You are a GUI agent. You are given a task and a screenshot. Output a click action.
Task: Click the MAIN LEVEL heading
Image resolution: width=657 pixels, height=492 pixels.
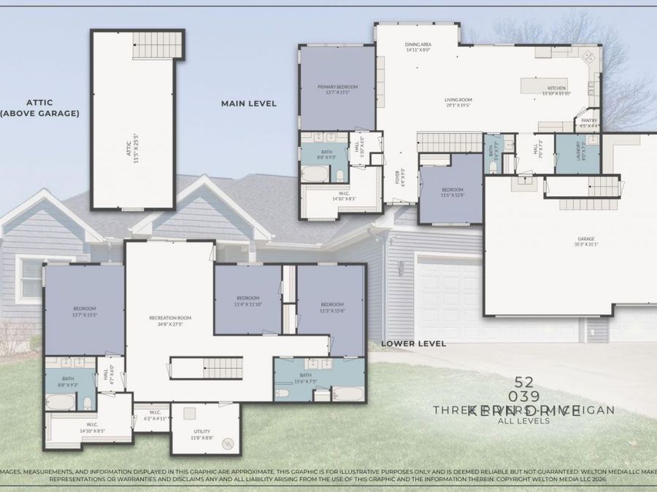[x=249, y=104]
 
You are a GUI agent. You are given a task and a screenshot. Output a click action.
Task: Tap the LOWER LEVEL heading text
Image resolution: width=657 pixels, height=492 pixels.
[x=413, y=343]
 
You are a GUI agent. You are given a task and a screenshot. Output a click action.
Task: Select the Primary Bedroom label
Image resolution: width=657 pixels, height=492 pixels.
[x=337, y=90]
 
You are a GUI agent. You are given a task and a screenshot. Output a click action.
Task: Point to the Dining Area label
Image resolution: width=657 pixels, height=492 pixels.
[x=418, y=47]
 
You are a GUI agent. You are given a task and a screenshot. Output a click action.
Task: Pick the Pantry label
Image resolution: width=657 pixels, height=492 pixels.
[x=588, y=123]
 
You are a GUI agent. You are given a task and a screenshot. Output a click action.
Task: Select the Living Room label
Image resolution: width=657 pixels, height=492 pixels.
[x=459, y=102]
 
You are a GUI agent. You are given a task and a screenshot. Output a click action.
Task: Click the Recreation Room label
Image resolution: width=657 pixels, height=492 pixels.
[x=169, y=320]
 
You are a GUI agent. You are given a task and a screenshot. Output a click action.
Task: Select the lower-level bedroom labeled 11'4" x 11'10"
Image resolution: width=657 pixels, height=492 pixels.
[x=247, y=300]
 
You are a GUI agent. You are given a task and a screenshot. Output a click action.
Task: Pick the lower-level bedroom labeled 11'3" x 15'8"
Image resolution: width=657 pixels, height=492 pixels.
[x=332, y=307]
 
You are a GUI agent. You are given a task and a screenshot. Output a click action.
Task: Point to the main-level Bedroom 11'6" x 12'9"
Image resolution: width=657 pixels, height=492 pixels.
[x=452, y=192]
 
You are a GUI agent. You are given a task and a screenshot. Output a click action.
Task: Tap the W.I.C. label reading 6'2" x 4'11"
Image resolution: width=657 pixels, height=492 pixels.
[x=155, y=415]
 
